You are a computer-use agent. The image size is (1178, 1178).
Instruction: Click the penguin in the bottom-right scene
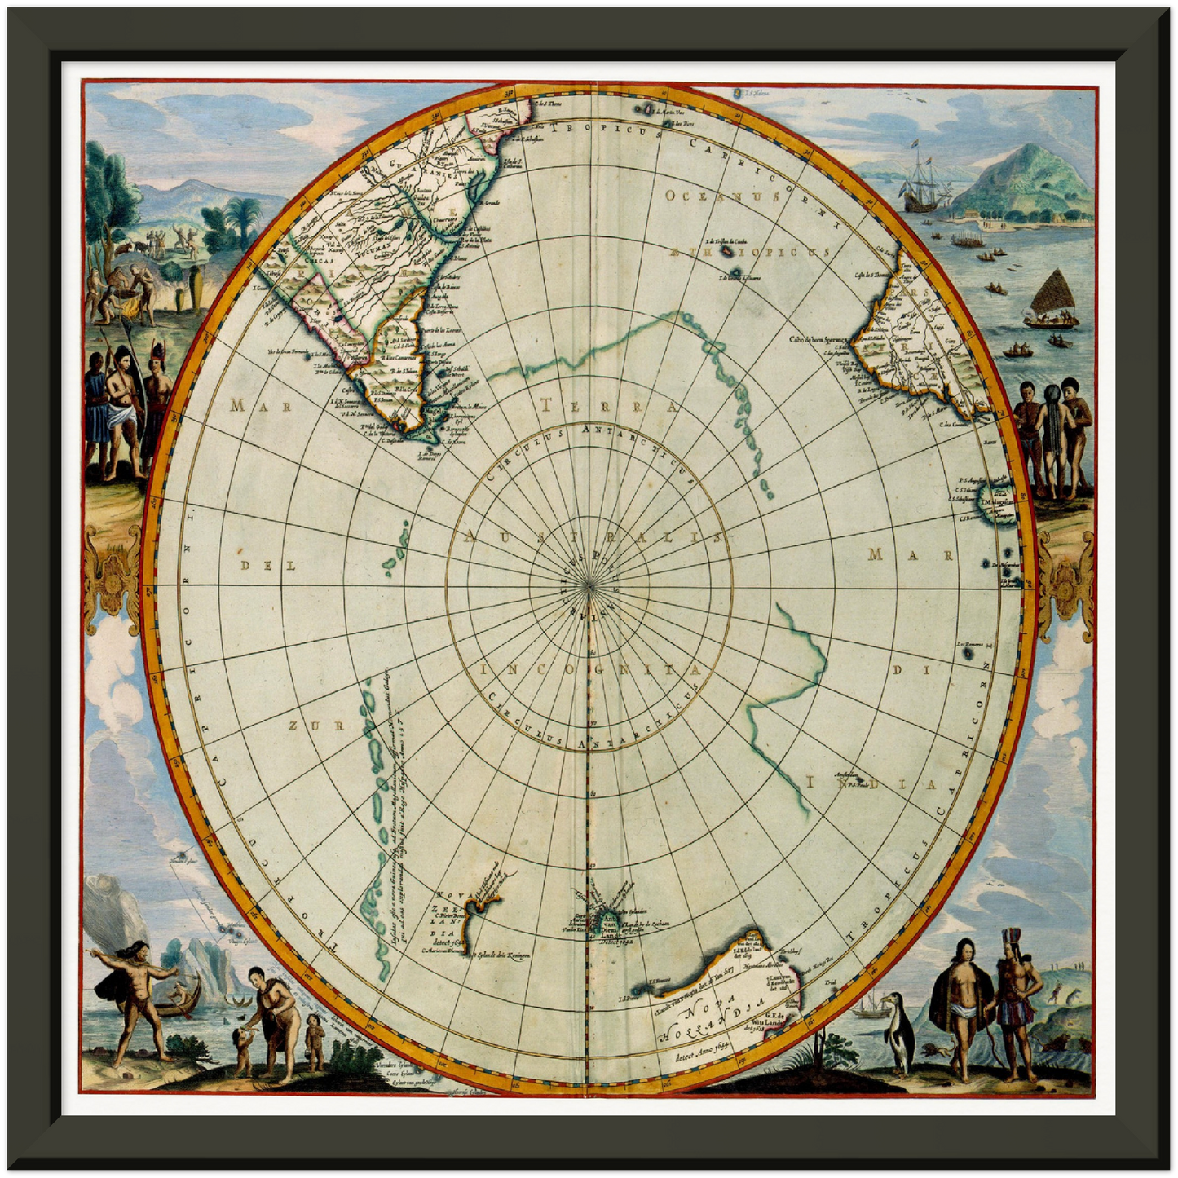point(898,1031)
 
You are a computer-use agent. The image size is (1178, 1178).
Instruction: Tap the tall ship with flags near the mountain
point(923,183)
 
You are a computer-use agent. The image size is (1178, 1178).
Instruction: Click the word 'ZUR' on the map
point(305,725)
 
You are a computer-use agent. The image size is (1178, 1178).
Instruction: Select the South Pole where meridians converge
point(589,584)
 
